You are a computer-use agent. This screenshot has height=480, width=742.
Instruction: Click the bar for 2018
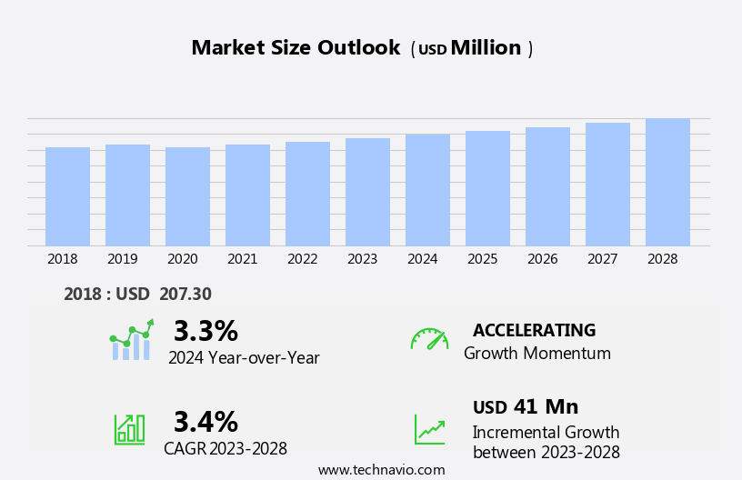point(67,196)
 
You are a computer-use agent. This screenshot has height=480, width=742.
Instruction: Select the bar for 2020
point(187,196)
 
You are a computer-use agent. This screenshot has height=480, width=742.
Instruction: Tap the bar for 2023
point(367,192)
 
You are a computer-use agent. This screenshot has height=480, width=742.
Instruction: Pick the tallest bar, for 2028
point(667,182)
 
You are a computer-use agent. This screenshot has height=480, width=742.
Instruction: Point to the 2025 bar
point(487,188)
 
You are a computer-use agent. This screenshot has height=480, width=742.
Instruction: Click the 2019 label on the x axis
point(123,259)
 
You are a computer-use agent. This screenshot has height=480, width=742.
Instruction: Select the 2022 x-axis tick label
point(303,259)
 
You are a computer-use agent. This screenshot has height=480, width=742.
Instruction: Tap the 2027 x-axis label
point(603,259)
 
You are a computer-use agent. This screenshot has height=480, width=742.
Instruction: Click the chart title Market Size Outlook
point(296,48)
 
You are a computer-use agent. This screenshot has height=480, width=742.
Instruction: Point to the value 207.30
point(185,294)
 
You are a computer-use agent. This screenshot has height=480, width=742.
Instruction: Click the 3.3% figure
point(206,331)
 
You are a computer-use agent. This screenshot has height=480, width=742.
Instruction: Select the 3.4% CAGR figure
point(206,422)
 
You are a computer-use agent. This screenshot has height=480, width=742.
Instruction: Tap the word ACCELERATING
point(534,330)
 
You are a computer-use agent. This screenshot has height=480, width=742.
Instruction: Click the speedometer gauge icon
point(429,339)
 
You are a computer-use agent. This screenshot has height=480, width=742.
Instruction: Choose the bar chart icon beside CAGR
point(129,428)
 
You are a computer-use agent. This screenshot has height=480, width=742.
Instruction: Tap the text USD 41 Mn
point(526,407)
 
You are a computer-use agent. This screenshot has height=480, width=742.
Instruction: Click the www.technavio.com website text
point(381,470)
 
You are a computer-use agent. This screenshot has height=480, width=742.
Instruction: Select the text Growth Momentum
point(537,354)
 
